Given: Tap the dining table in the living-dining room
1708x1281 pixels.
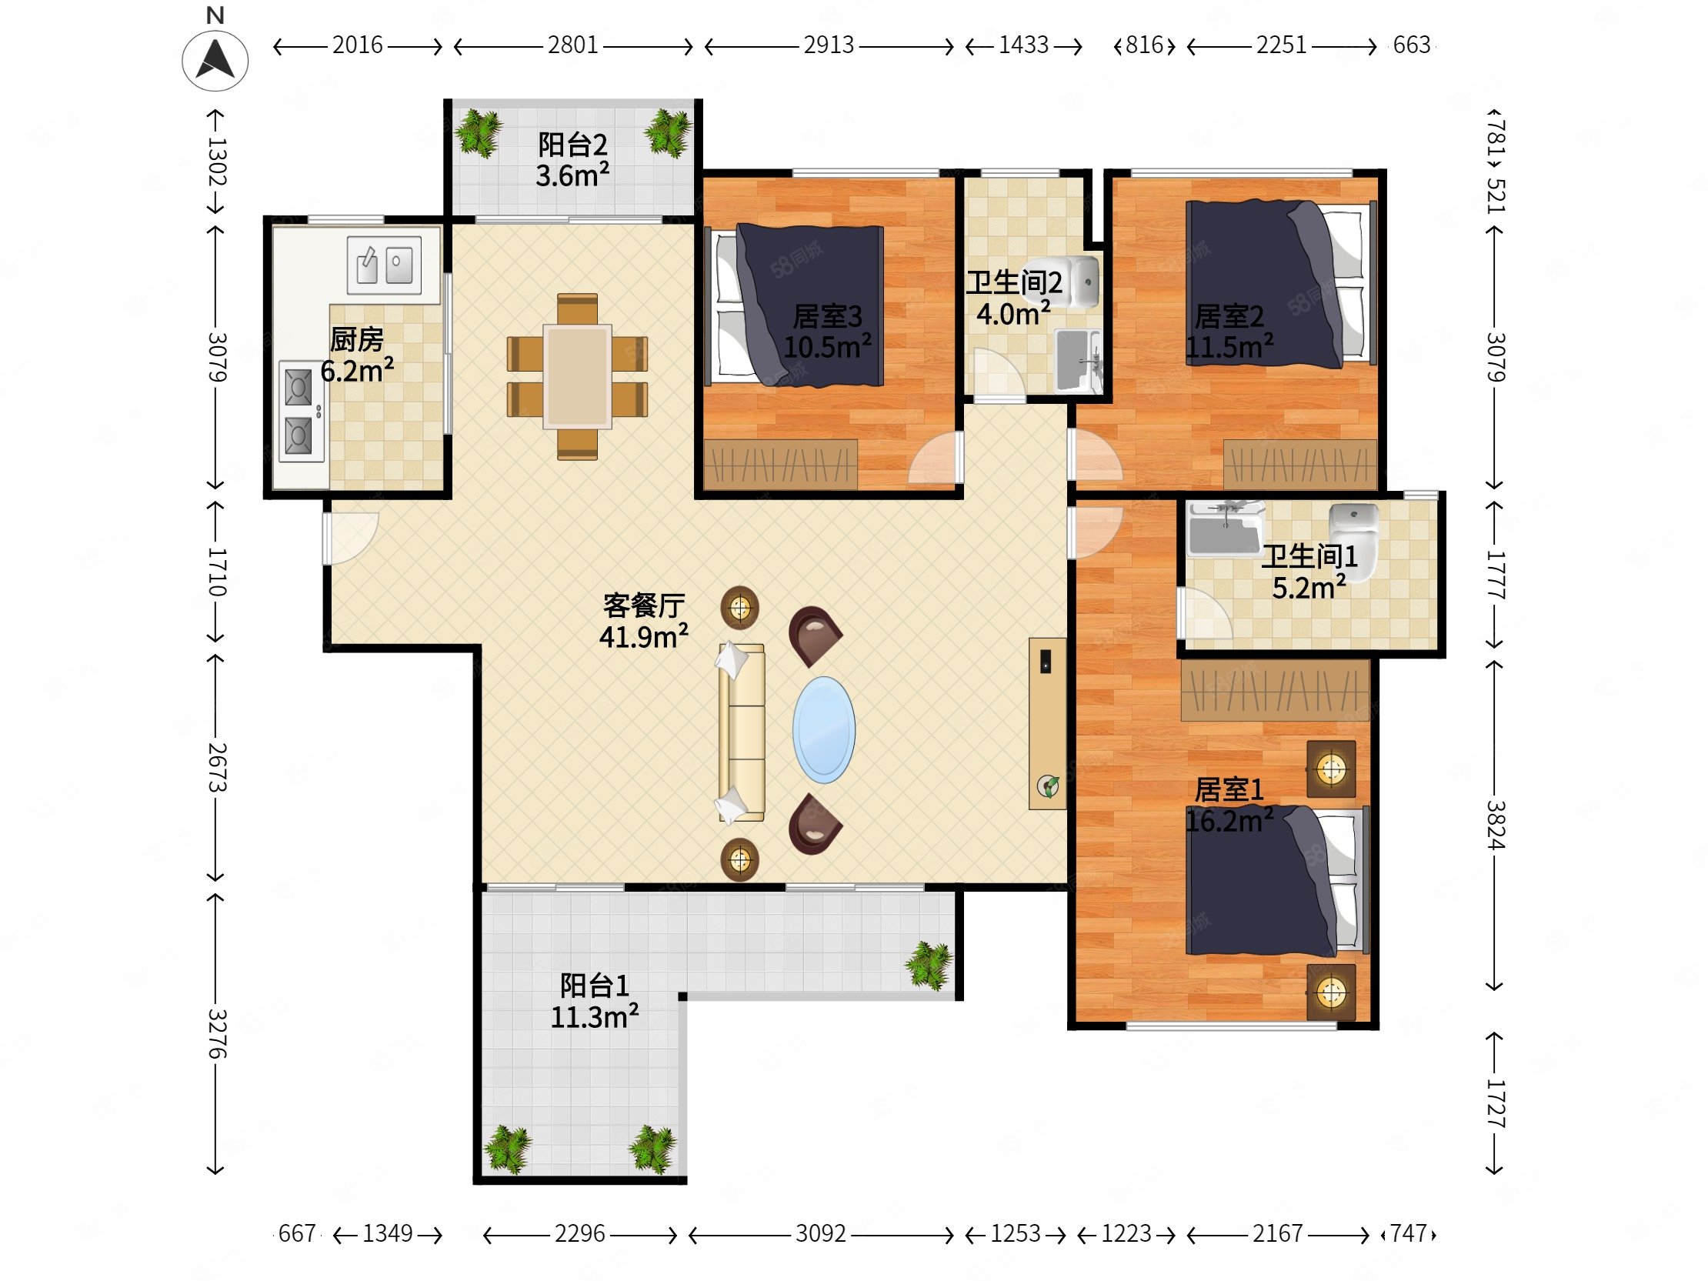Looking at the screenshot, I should [577, 376].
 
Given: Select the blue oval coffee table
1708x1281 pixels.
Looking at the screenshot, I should [823, 729].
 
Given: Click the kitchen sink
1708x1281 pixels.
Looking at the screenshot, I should [384, 265].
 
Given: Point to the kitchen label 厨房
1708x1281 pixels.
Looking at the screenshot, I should [357, 339].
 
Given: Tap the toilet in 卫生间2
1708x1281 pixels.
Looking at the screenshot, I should [1083, 282].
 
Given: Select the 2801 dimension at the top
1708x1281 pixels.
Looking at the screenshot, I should [573, 45].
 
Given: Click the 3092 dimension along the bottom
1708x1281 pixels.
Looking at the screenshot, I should [820, 1234].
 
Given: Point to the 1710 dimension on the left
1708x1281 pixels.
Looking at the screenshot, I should [217, 572].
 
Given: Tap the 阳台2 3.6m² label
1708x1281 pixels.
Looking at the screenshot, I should [572, 161].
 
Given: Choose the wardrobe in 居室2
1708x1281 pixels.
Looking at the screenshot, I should [1299, 463].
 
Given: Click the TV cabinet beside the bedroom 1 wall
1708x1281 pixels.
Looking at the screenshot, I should [1047, 722].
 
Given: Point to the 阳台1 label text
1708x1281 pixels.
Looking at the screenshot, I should [594, 986].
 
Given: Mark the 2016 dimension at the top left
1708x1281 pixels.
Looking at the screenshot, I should [357, 45].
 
